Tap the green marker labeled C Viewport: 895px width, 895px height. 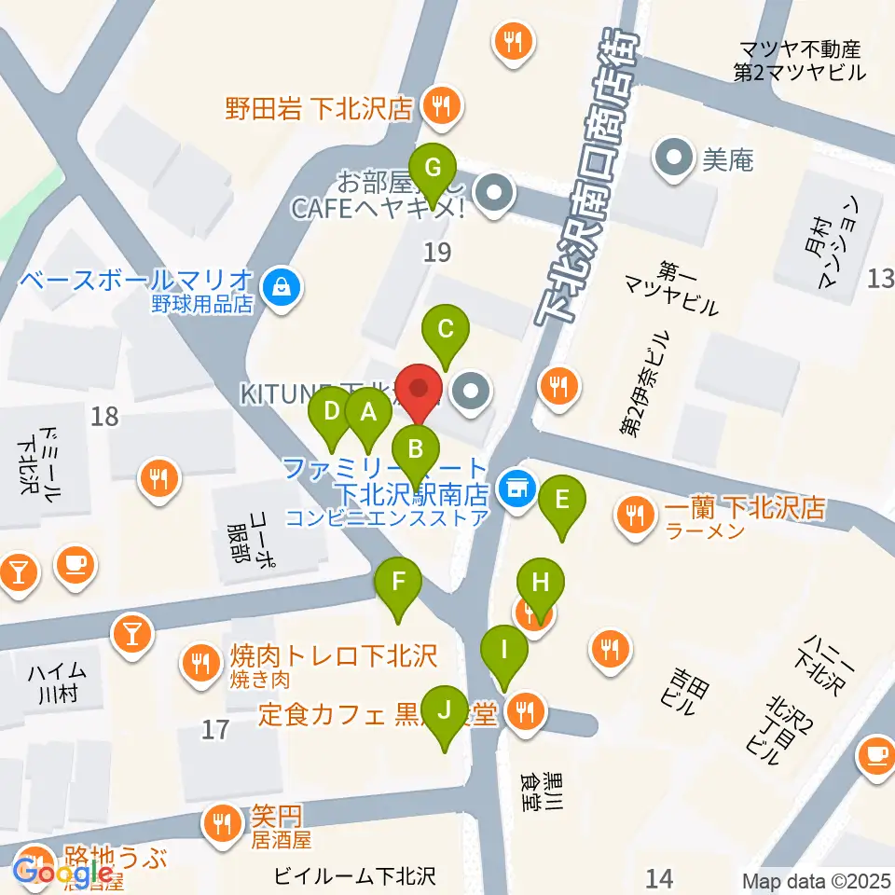tap(446, 329)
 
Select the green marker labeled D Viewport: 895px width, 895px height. tap(330, 411)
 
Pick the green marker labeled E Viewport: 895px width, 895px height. tap(561, 500)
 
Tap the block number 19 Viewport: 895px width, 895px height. tap(436, 251)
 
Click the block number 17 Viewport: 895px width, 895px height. tap(215, 729)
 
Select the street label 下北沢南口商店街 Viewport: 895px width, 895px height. tap(586, 177)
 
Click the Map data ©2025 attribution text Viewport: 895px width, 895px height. tap(817, 881)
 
